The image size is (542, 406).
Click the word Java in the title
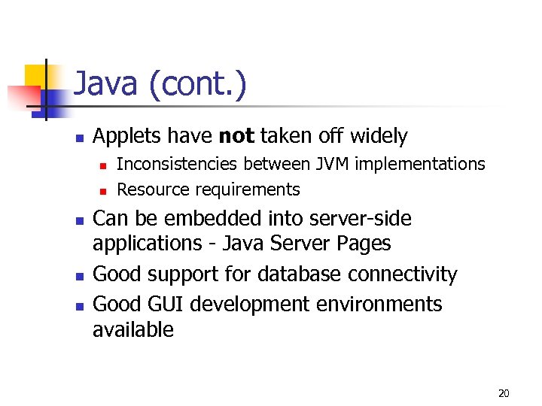coord(107,85)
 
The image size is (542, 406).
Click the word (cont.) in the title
coord(197,85)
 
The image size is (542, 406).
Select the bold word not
coord(236,136)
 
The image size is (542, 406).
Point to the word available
coord(132,329)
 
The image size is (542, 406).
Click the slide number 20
coord(504,393)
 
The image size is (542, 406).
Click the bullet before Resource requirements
coord(102,190)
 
